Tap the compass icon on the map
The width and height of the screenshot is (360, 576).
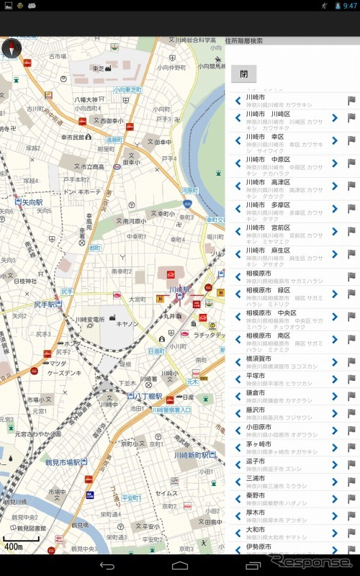(12, 48)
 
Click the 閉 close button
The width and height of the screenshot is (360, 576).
(243, 74)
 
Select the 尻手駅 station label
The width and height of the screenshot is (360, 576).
(45, 305)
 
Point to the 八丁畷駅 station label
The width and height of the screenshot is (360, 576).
(132, 395)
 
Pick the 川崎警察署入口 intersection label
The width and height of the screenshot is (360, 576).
(171, 410)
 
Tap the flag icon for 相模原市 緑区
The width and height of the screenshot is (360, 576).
(352, 294)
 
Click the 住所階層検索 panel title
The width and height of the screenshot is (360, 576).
(245, 40)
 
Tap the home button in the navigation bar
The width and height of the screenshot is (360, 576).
(179, 566)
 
